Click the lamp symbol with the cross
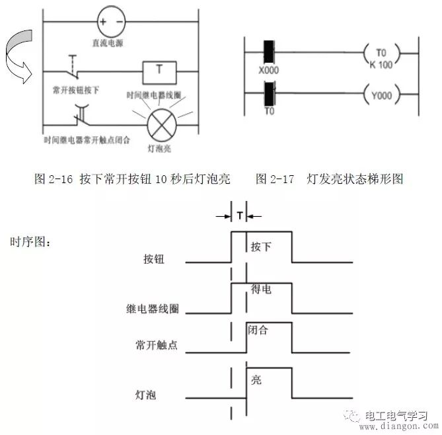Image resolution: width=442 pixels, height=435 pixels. (x=160, y=123)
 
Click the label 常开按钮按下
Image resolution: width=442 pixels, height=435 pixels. (x=75, y=89)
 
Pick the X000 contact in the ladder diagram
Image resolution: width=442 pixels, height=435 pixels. (x=270, y=53)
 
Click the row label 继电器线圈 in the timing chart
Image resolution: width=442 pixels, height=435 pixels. (x=153, y=308)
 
